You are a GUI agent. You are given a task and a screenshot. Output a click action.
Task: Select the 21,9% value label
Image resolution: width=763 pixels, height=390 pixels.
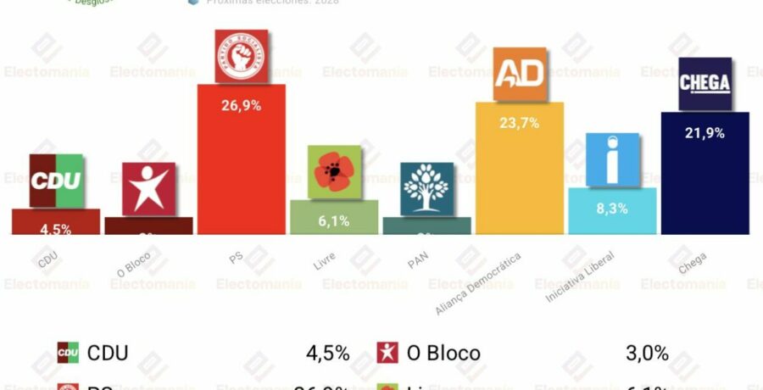pyautogui.click(x=705, y=132)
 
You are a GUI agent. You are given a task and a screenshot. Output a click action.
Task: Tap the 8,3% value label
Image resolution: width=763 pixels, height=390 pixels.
pyautogui.click(x=612, y=208)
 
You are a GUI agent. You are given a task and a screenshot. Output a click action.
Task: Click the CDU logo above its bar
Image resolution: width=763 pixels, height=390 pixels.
pyautogui.click(x=56, y=181)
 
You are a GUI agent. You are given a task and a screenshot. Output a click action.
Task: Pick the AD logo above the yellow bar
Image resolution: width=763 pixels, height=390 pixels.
pyautogui.click(x=520, y=75)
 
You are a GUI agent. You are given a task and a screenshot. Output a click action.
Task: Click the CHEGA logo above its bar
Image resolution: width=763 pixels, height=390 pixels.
pyautogui.click(x=705, y=83)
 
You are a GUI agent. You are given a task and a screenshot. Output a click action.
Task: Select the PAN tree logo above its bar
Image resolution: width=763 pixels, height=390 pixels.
pyautogui.click(x=426, y=188)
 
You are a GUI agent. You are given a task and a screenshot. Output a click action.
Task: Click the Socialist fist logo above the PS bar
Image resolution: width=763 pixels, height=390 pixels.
pyautogui.click(x=242, y=56)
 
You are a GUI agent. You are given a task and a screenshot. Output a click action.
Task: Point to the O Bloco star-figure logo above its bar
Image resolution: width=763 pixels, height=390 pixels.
pyautogui.click(x=148, y=188)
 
